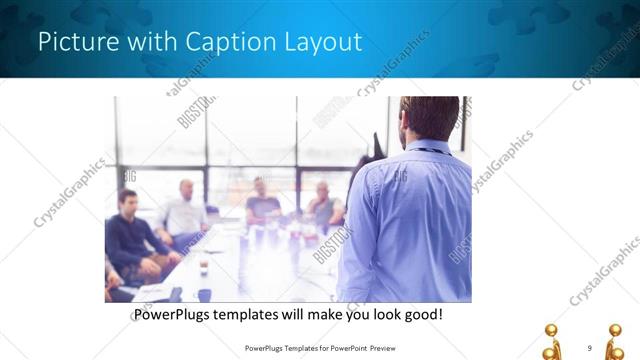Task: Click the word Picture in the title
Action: [73, 42]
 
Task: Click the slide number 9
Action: [589, 347]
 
